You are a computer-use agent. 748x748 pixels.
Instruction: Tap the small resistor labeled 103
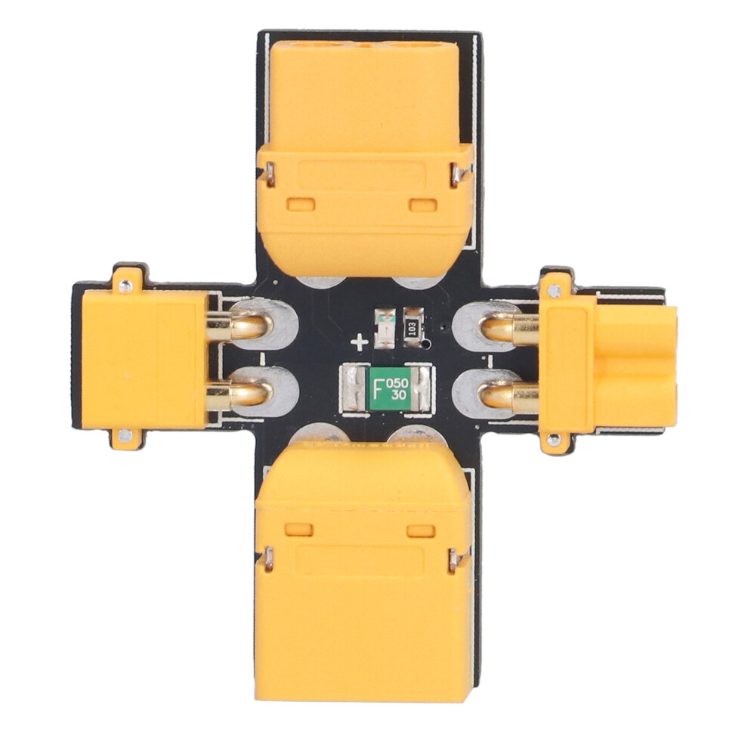(413, 328)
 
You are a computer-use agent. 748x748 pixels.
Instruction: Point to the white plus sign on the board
(359, 342)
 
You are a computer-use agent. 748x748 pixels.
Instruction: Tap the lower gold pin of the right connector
(508, 395)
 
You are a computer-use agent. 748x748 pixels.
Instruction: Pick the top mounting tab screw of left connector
(126, 286)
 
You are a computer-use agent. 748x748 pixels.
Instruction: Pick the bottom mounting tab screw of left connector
(125, 434)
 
